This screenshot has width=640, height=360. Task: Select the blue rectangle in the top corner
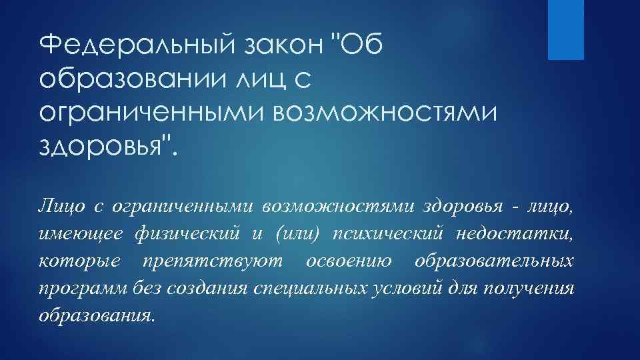pyautogui.click(x=565, y=30)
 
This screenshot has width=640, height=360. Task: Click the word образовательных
pyautogui.click(x=493, y=260)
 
